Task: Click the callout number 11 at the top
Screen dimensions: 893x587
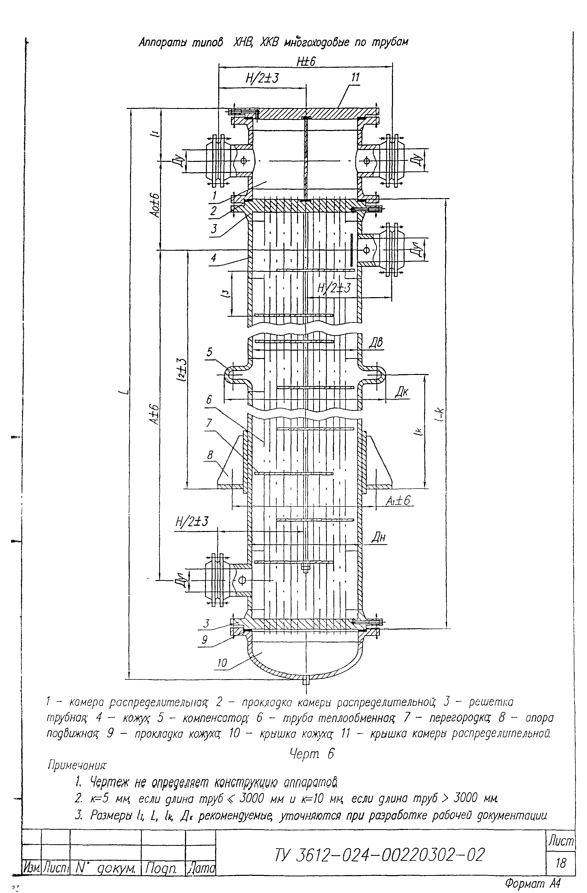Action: pyautogui.click(x=355, y=77)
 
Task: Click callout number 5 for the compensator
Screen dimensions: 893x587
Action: pyautogui.click(x=209, y=352)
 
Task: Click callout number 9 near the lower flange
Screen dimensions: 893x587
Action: pyautogui.click(x=205, y=639)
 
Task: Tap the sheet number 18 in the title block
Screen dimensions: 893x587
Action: pyautogui.click(x=560, y=864)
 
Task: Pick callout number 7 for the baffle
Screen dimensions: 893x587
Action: pyautogui.click(x=208, y=423)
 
